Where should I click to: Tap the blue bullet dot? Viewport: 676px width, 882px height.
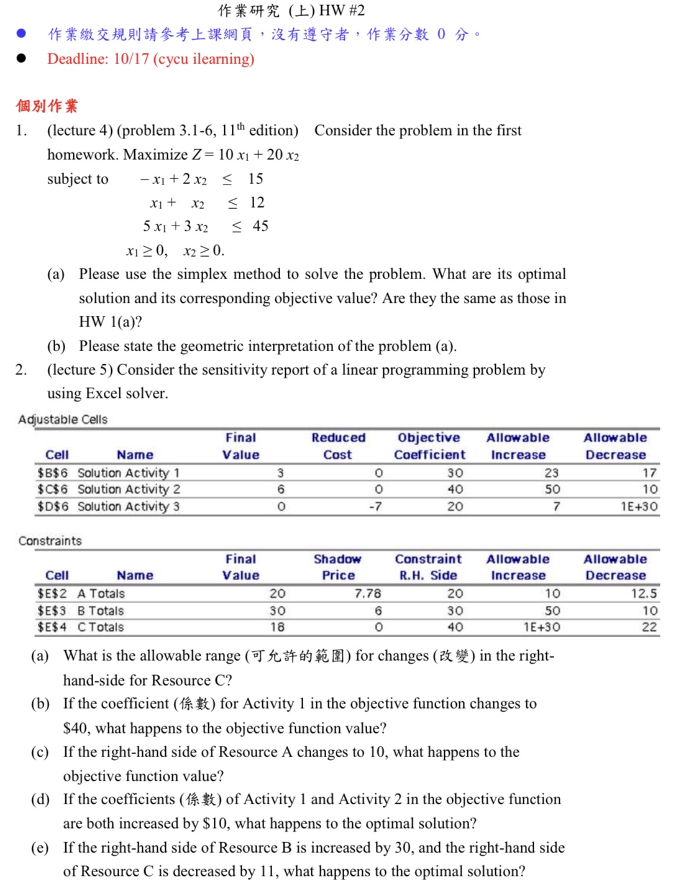(x=21, y=34)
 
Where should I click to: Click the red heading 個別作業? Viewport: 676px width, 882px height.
(x=47, y=106)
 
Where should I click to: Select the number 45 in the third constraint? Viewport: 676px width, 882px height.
(x=260, y=226)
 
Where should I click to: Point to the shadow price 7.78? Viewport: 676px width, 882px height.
(x=368, y=594)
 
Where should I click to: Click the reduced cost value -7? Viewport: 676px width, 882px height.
(x=375, y=507)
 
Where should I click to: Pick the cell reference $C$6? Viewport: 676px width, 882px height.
(x=52, y=489)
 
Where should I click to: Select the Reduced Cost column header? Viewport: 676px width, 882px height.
(x=338, y=446)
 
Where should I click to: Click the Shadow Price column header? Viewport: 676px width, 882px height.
(x=338, y=567)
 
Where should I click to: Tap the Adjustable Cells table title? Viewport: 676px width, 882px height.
(x=63, y=420)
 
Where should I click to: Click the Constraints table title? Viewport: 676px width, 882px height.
(x=50, y=541)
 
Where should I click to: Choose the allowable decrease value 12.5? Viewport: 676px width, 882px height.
(x=644, y=594)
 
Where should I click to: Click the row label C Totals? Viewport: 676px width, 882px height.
(x=101, y=627)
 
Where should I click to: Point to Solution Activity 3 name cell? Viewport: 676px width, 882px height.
(x=128, y=507)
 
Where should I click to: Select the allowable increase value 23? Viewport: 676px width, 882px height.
(x=551, y=473)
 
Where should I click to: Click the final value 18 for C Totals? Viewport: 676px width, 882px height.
(x=277, y=627)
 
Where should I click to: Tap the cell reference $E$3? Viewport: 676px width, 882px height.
(x=52, y=610)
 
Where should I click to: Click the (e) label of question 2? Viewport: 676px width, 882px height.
(x=40, y=848)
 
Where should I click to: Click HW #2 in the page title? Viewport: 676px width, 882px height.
(x=342, y=11)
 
